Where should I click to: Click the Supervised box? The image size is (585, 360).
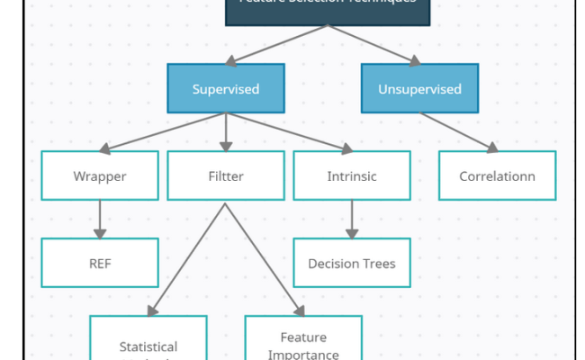[x=226, y=88]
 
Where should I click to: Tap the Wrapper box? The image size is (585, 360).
[x=100, y=175]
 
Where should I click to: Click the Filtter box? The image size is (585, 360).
[x=225, y=175]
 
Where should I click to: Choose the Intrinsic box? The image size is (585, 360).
[x=351, y=175]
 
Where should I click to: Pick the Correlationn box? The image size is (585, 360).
[x=497, y=175]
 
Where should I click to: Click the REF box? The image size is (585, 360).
[x=100, y=263]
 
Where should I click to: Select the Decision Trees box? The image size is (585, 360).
[x=351, y=263]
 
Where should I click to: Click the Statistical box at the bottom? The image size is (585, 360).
[x=148, y=342]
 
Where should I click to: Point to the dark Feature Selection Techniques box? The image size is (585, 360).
[x=328, y=9]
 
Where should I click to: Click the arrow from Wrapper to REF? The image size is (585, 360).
[x=100, y=219]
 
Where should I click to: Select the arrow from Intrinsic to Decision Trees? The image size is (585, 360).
[x=351, y=219]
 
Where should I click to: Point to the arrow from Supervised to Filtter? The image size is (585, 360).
[x=225, y=131]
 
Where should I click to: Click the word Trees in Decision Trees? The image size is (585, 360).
[x=378, y=264]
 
